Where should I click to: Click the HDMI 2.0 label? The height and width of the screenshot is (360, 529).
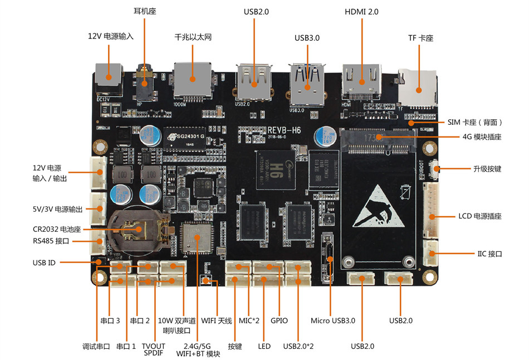361,11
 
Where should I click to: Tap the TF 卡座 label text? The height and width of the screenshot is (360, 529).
420,38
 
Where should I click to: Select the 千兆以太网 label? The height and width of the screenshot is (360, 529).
193,37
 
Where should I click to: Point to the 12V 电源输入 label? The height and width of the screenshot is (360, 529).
111,36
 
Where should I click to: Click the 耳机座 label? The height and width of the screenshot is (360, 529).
144,11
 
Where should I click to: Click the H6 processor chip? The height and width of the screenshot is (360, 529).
271,166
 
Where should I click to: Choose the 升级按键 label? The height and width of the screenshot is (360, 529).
487,168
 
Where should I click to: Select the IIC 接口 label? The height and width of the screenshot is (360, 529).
489,254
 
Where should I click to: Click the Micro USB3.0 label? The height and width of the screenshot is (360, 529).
332,320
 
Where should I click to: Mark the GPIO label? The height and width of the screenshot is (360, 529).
279,320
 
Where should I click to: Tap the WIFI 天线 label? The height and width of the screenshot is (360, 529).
216,320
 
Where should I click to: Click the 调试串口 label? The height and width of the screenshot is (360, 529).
96,347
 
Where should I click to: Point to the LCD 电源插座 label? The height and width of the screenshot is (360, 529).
480,216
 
